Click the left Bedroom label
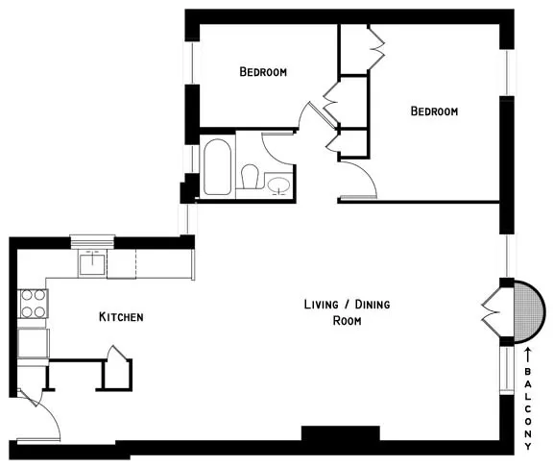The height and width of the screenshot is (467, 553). tap(263, 72)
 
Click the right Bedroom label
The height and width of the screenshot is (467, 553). tap(434, 111)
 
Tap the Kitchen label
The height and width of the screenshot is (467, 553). tap(121, 316)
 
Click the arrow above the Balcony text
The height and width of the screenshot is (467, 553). tap(528, 358)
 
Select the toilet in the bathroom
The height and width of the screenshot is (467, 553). tap(251, 178)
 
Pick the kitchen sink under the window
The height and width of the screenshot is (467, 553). tap(93, 261)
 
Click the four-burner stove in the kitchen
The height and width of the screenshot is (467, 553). tap(33, 304)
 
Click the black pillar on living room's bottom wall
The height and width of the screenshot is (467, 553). tap(328, 433)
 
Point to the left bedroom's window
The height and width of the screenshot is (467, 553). tap(192, 62)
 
